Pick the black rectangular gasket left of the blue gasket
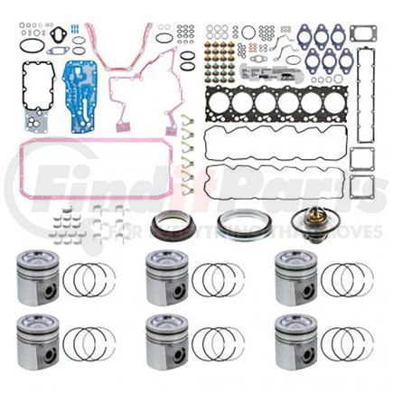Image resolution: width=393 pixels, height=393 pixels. (x=37, y=84)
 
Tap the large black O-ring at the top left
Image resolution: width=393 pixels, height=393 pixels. (x=30, y=45)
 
